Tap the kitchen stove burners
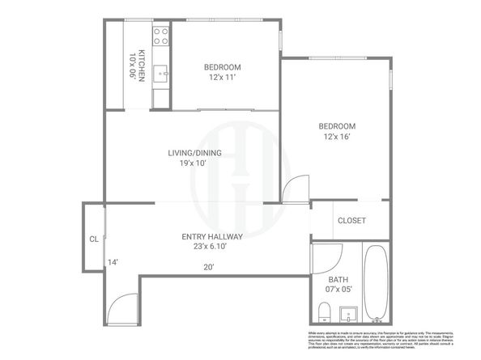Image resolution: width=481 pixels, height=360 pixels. (160, 36)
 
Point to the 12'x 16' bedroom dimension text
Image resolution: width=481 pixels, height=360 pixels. (337, 137)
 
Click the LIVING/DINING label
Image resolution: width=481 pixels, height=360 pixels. (191, 153)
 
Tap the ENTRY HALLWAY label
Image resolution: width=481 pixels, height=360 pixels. (212, 236)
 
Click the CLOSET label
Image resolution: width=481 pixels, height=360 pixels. (351, 220)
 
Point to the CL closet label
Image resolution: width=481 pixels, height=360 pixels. (93, 239)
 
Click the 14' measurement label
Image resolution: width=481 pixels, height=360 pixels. (113, 262)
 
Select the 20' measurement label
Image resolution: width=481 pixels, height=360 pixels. (209, 267)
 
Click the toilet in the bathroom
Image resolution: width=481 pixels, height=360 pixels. (324, 311)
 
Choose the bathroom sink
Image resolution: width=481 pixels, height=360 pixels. (350, 312)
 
